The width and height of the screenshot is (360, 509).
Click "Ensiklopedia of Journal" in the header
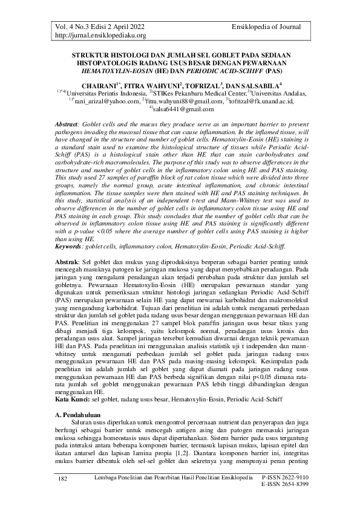pos(272,27)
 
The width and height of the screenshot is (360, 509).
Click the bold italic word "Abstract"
pos(65,124)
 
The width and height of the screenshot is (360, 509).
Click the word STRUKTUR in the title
pos(85,54)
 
